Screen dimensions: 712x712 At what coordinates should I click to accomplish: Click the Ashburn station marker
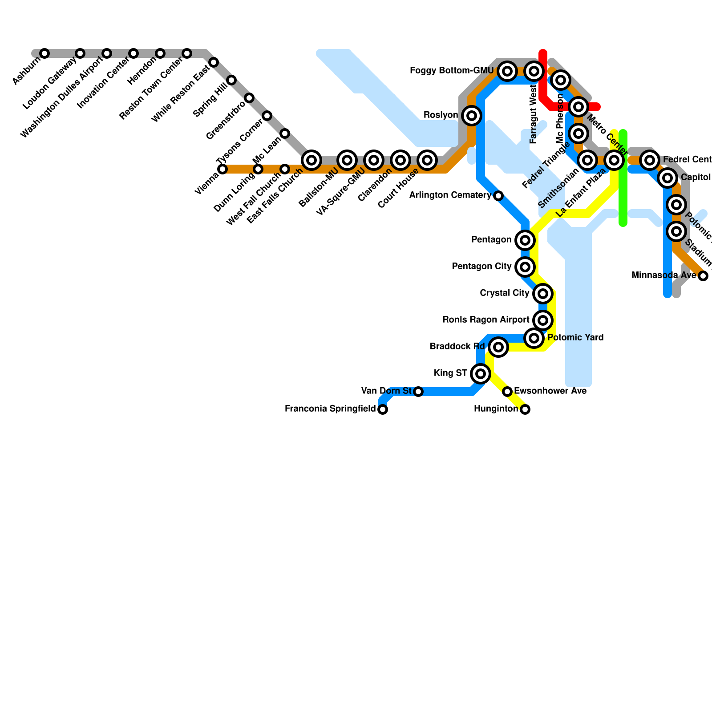pyautogui.click(x=44, y=54)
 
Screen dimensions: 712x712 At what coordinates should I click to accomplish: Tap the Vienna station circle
pyautogui.click(x=222, y=169)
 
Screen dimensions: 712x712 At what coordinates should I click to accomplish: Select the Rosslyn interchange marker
pyautogui.click(x=472, y=116)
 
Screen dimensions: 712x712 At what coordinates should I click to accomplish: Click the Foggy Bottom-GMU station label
pyautogui.click(x=451, y=71)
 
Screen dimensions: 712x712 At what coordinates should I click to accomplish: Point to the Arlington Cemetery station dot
pyautogui.click(x=498, y=196)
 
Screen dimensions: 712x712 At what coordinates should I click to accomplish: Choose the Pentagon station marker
pyautogui.click(x=525, y=240)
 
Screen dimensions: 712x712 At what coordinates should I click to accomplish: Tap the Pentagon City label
pyautogui.click(x=481, y=267)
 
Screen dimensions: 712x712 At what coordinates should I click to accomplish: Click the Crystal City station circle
pyautogui.click(x=542, y=294)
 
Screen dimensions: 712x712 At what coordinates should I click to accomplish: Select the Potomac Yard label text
pyautogui.click(x=575, y=338)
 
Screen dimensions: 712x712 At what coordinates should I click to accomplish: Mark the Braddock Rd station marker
pyautogui.click(x=498, y=347)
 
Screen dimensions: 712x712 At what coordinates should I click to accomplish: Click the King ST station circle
pyautogui.click(x=480, y=373)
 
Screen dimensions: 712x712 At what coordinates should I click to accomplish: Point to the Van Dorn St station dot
pyautogui.click(x=418, y=392)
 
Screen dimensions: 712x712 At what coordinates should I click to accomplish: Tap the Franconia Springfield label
pyautogui.click(x=330, y=409)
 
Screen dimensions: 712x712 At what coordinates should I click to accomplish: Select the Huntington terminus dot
pyautogui.click(x=525, y=409)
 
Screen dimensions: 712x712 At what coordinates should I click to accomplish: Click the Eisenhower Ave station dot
pyautogui.click(x=507, y=392)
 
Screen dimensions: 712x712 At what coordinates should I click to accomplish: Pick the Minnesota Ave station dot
pyautogui.click(x=703, y=276)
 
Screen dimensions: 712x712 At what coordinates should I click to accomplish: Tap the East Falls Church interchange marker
pyautogui.click(x=311, y=160)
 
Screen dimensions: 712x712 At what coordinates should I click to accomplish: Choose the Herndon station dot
pyautogui.click(x=160, y=54)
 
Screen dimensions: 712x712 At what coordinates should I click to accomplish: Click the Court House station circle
pyautogui.click(x=427, y=160)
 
